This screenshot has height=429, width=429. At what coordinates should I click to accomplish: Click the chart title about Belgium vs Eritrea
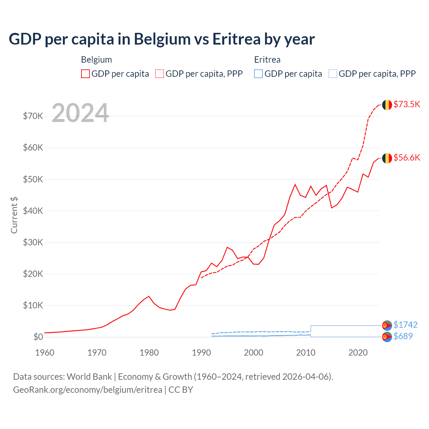[x=162, y=39]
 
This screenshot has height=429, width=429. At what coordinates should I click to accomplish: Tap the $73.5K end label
[x=407, y=104]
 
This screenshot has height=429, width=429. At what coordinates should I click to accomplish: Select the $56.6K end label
[x=407, y=158]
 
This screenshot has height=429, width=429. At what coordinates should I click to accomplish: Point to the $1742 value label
[x=405, y=325]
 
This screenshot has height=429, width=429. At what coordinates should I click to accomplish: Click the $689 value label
[x=403, y=336]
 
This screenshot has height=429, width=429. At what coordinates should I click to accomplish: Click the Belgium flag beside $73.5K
[x=387, y=105]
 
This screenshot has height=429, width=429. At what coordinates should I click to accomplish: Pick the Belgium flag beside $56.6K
[x=387, y=158]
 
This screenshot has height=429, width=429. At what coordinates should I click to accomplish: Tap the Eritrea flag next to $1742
[x=387, y=325]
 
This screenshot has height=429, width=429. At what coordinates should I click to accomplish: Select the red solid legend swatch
[x=85, y=74]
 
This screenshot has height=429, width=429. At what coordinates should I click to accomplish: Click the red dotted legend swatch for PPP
[x=160, y=74]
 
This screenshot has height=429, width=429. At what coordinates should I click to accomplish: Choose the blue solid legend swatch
[x=258, y=74]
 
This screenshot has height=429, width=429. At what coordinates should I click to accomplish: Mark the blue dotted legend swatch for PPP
[x=333, y=74]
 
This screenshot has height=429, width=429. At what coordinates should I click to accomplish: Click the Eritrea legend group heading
[x=267, y=60]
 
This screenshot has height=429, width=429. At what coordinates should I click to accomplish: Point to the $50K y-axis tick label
[x=33, y=179]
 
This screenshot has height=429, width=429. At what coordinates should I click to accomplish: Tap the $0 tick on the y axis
[x=38, y=337]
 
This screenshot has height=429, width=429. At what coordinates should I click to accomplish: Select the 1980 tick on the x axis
[x=149, y=353]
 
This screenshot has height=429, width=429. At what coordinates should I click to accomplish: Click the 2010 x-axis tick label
[x=306, y=353]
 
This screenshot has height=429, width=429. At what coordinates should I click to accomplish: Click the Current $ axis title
[x=14, y=215]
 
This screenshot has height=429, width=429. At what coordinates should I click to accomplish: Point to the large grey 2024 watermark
[x=80, y=113]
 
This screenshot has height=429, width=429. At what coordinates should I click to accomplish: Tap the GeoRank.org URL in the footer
[x=87, y=390]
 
